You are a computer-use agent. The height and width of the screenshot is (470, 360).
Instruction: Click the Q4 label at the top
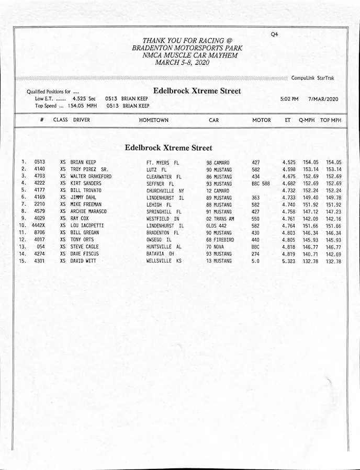point(275,35)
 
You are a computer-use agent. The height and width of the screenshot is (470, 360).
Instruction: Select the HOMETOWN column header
point(154,120)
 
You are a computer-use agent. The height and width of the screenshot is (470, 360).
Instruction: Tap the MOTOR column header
point(262,120)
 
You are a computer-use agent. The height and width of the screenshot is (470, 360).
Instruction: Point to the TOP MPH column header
point(331,120)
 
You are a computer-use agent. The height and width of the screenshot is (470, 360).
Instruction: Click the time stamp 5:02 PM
point(289,99)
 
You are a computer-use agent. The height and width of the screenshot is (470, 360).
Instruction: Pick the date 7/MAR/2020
point(323,99)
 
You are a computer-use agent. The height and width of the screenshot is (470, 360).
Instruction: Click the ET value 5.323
point(289,261)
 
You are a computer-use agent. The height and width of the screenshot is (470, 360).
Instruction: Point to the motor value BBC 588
point(261,184)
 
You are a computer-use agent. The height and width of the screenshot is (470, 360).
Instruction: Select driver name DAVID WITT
point(84,261)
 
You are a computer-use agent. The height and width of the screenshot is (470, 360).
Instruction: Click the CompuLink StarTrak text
point(313,78)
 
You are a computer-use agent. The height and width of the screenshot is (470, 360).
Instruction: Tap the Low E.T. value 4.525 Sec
point(84,98)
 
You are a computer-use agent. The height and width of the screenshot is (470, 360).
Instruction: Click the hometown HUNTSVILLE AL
point(164,247)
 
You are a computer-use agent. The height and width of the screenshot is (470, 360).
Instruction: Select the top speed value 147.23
point(333,212)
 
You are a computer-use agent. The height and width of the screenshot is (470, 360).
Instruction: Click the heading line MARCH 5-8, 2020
point(182,62)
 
